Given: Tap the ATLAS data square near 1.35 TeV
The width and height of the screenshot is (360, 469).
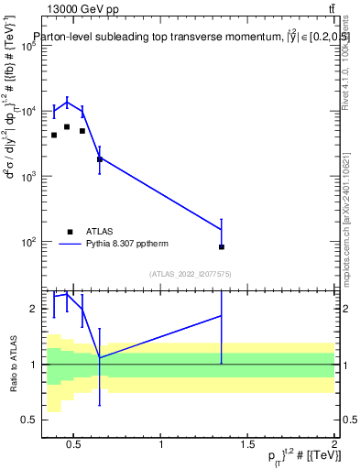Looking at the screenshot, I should click(x=222, y=246).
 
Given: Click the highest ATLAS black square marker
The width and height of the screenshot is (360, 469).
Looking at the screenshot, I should click(x=67, y=126).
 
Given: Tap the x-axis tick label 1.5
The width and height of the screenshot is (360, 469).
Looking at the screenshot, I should click(x=248, y=446).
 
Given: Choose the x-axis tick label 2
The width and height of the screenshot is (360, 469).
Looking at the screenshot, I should click(x=334, y=446).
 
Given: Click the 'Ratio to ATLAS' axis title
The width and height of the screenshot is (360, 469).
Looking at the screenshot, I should click(x=10, y=364).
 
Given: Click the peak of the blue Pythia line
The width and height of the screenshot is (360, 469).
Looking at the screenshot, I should click(x=67, y=101).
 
